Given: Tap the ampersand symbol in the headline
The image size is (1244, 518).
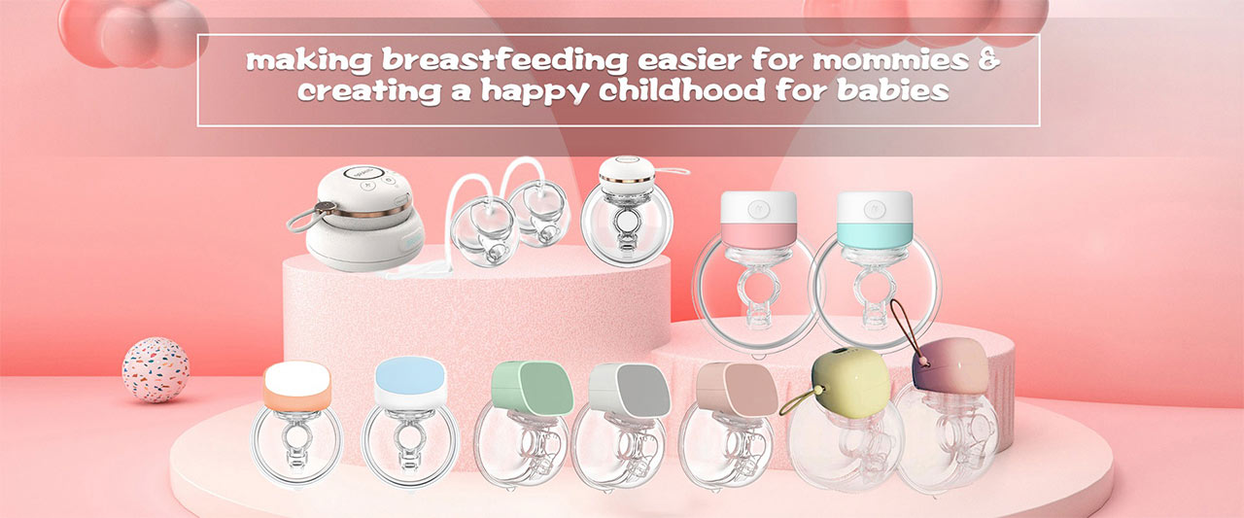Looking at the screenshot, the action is pos(988,59).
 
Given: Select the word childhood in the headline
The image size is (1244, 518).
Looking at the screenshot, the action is pos(682,90).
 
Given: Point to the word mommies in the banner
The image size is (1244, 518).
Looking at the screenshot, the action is pos(891,60).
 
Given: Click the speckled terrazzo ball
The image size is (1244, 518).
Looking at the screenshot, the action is pos(155,369).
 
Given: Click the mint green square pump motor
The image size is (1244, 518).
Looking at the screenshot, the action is pos(532,388).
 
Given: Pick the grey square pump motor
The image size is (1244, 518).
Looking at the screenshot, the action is pos(629,390).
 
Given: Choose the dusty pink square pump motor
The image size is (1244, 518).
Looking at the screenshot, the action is pos(737,389).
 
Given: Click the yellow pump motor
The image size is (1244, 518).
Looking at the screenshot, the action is pos(849,380).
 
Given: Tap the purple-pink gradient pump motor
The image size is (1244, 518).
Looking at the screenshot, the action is pos(950,365).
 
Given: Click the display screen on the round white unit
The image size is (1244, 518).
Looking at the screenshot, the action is pos(364,173).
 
